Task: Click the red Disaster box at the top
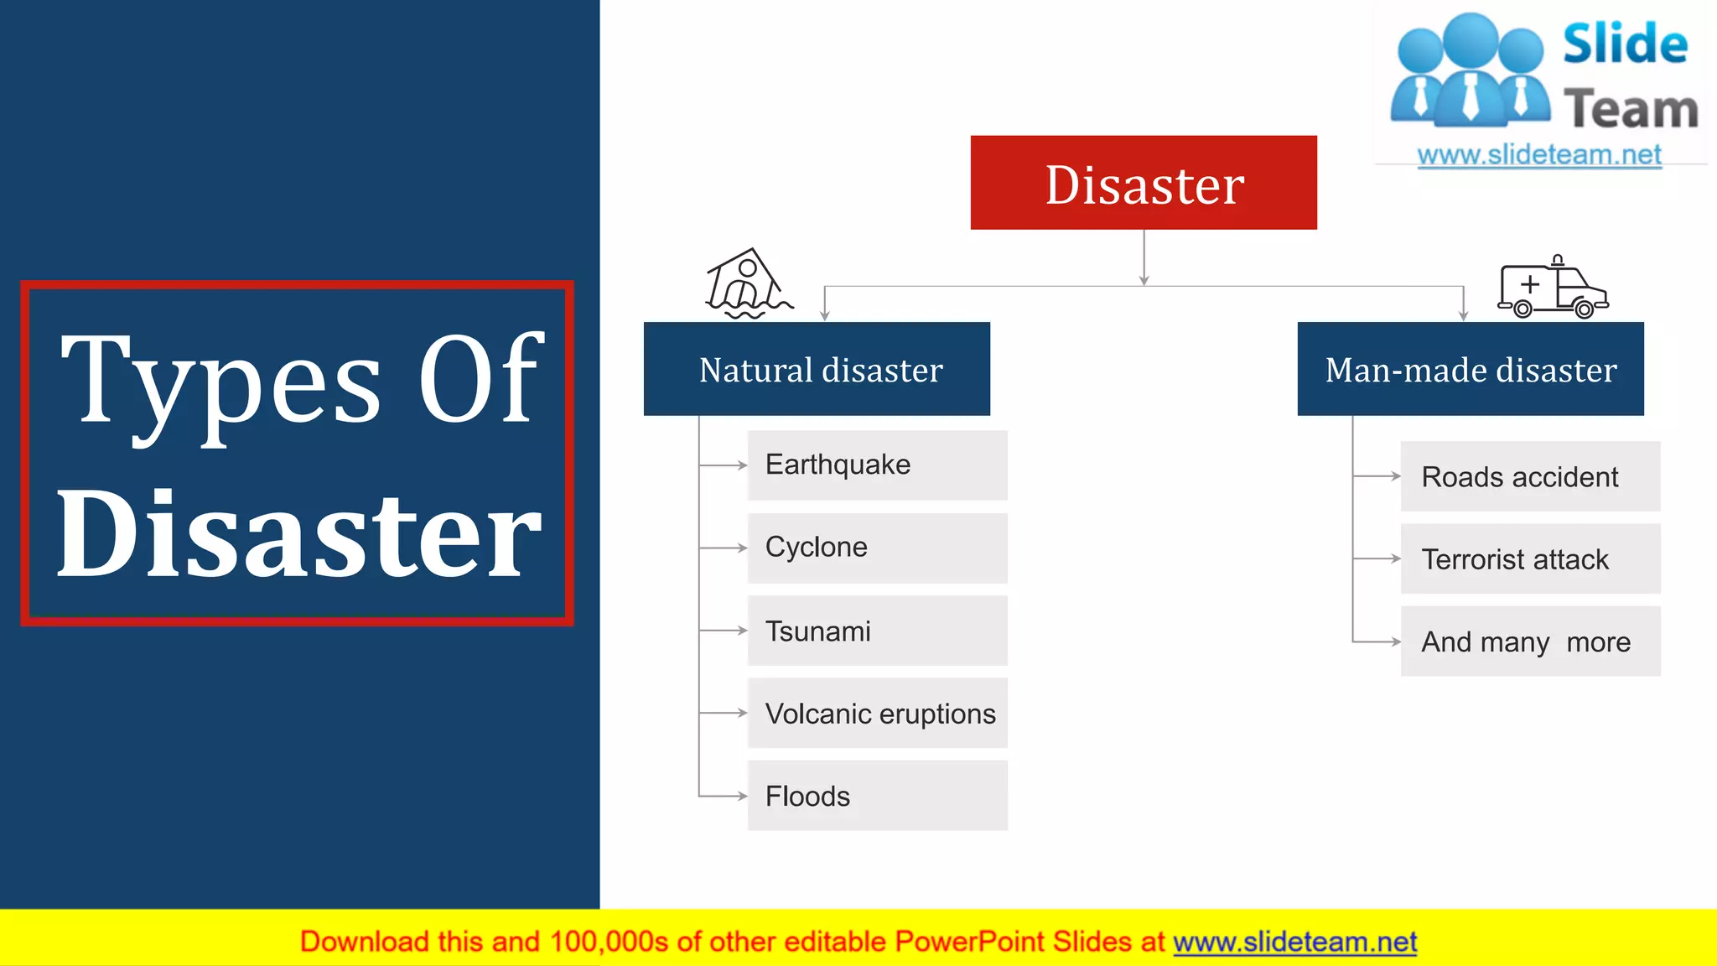click(1144, 183)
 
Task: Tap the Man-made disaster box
click(1471, 369)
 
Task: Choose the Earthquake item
click(877, 465)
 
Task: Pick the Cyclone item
click(877, 548)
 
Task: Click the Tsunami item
click(877, 631)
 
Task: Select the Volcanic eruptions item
click(877, 713)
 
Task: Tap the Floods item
click(877, 796)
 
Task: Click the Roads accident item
click(1530, 476)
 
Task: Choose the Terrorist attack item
click(1530, 558)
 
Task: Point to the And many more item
click(1530, 641)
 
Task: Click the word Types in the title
click(222, 382)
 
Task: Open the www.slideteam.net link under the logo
click(1539, 155)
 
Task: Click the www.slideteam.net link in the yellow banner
click(1294, 942)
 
